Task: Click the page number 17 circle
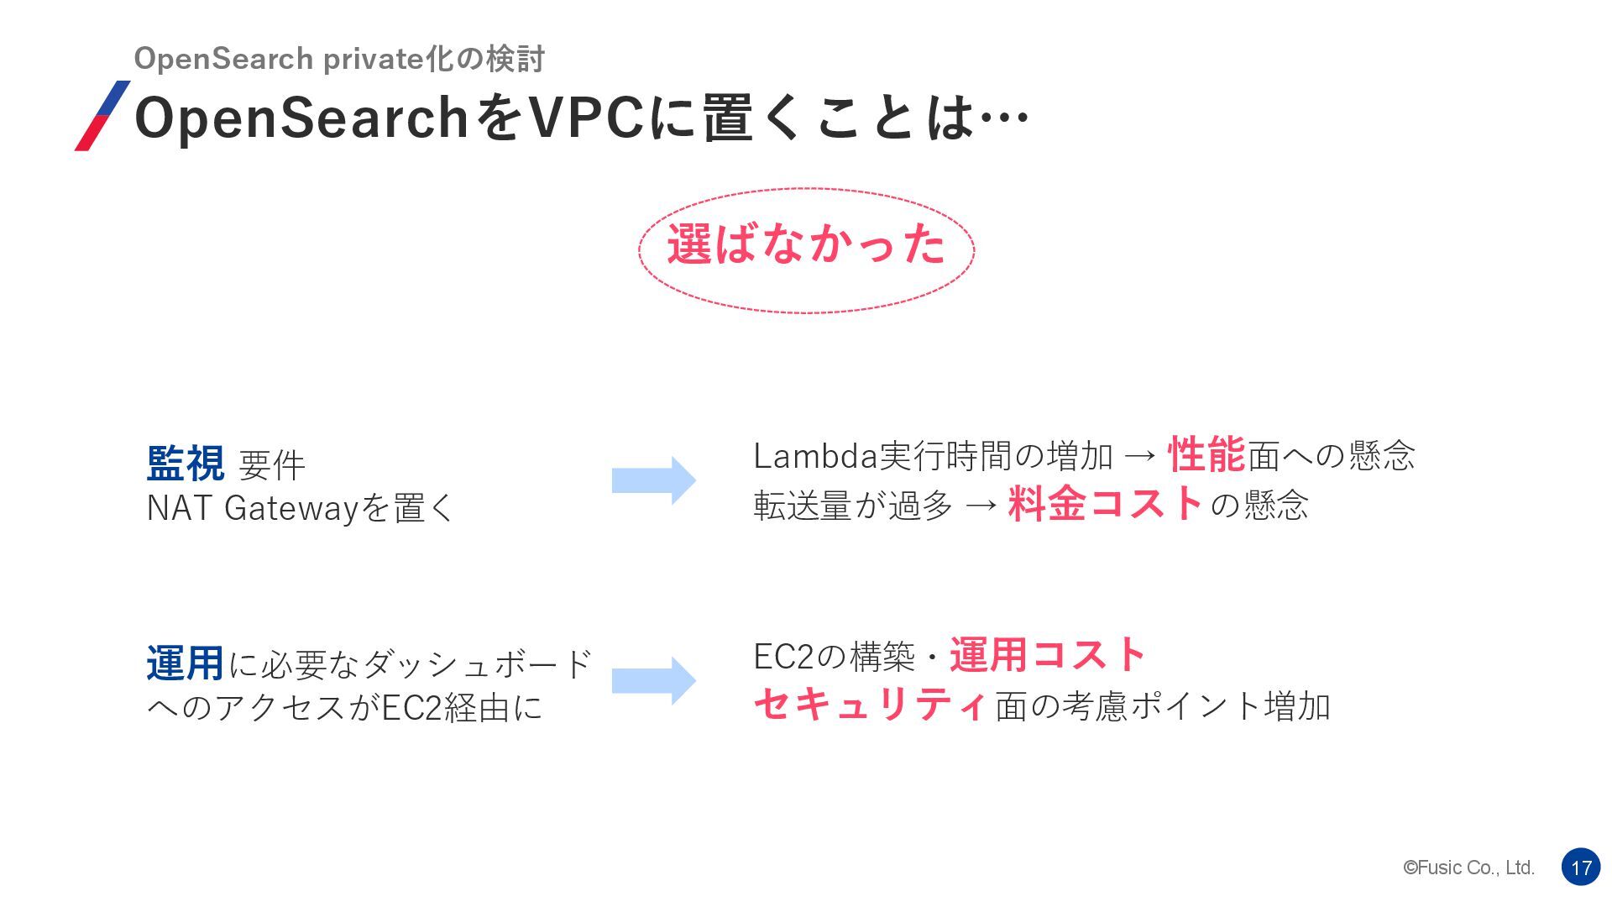pos(1581,868)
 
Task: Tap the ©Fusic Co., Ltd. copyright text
pos(1468,868)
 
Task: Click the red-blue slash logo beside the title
pos(102,116)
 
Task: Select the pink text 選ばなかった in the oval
pos(806,245)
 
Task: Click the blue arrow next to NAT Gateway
pos(653,480)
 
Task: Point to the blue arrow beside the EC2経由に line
pos(653,680)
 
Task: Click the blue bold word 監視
pos(186,464)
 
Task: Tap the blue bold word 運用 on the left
pos(185,663)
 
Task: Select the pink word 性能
pos(1206,454)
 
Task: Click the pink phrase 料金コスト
pos(1106,504)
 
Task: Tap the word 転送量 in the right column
pos(803,506)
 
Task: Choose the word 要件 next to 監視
pos(272,465)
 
